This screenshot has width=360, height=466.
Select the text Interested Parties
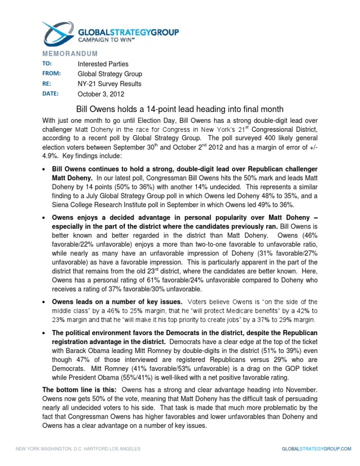pos(103,64)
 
